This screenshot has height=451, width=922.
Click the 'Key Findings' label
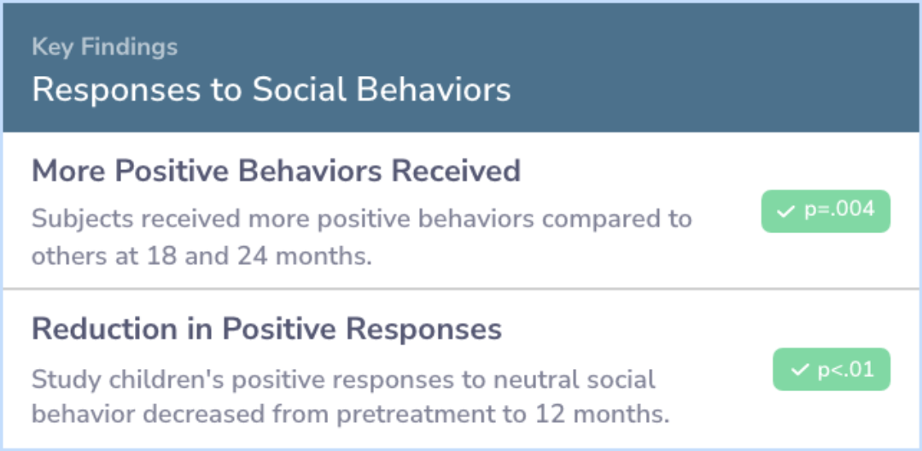point(105,47)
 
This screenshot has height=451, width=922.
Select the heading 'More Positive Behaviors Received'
point(277,171)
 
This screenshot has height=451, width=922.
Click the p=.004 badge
point(826,211)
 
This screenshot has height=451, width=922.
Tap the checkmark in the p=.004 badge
point(785,212)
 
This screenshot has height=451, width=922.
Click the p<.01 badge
point(832,369)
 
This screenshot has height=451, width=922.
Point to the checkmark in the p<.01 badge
point(800,370)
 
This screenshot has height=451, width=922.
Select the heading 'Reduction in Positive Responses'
point(267,330)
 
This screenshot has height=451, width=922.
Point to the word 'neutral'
point(531,380)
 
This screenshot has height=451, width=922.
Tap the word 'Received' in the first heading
point(456,171)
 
